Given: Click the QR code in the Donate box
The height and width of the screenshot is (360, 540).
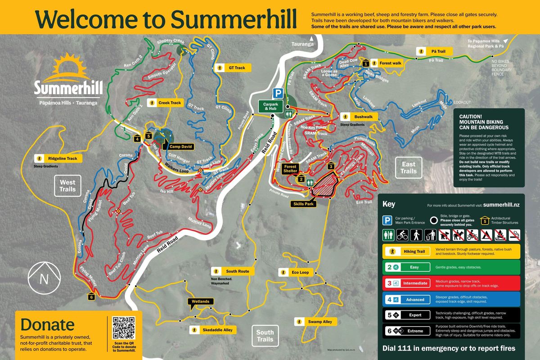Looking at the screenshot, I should click(123, 328).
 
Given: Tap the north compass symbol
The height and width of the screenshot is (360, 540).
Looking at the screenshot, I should click(44, 279).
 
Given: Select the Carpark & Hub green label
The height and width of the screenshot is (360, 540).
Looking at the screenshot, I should click(270, 106).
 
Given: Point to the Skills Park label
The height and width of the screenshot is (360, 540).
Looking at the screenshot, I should click(304, 203).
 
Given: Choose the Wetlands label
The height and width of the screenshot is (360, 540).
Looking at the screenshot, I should click(200, 301).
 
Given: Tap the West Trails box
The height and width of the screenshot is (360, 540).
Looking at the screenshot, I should click(67, 186).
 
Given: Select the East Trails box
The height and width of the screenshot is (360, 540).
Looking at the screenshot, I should click(409, 167).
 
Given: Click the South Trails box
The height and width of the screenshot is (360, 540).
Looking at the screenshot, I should click(265, 336).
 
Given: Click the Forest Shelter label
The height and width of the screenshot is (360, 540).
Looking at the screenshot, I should click(290, 169).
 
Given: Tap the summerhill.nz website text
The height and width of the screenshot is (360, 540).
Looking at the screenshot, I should click(501, 204).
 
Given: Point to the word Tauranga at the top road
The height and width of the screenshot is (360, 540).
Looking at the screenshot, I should click(302, 44).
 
